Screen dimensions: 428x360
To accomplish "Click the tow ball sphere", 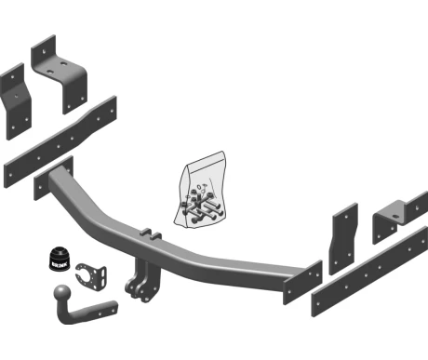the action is coord(62,293).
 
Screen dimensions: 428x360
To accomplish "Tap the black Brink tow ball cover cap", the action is coord(59,258).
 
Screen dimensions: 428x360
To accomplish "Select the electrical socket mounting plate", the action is coord(92,275).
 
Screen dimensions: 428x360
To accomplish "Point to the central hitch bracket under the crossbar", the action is coord(143,282).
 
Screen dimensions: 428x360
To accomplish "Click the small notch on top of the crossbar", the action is coord(151,234).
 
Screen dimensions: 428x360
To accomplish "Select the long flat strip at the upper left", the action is coord(60,142).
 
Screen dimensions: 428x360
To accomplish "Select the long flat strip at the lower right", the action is coord(369,272).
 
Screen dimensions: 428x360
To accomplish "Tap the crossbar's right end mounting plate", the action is coord(302,283).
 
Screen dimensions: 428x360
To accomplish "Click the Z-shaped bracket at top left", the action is coord(60,74).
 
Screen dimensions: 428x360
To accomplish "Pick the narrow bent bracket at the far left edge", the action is coord(16,101).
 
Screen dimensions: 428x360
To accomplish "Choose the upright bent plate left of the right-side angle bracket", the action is coord(343,239).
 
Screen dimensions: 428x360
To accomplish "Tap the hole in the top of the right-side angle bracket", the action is coord(395,217).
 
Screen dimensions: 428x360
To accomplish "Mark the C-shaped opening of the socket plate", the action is coord(85,273).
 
